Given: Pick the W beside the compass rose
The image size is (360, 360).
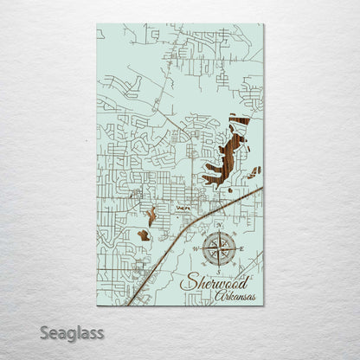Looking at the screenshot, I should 196,249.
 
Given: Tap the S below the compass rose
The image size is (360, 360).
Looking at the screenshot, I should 220,271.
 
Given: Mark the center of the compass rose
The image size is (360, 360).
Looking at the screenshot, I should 220,249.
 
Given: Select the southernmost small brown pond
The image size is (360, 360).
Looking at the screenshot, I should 144,235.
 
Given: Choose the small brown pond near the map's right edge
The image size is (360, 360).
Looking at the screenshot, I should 254,172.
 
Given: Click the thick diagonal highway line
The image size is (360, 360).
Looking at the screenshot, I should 186,229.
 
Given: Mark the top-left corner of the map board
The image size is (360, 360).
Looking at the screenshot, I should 97,24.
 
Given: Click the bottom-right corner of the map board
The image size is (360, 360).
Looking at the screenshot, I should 264,305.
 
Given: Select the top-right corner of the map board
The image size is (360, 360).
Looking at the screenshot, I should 264,24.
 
